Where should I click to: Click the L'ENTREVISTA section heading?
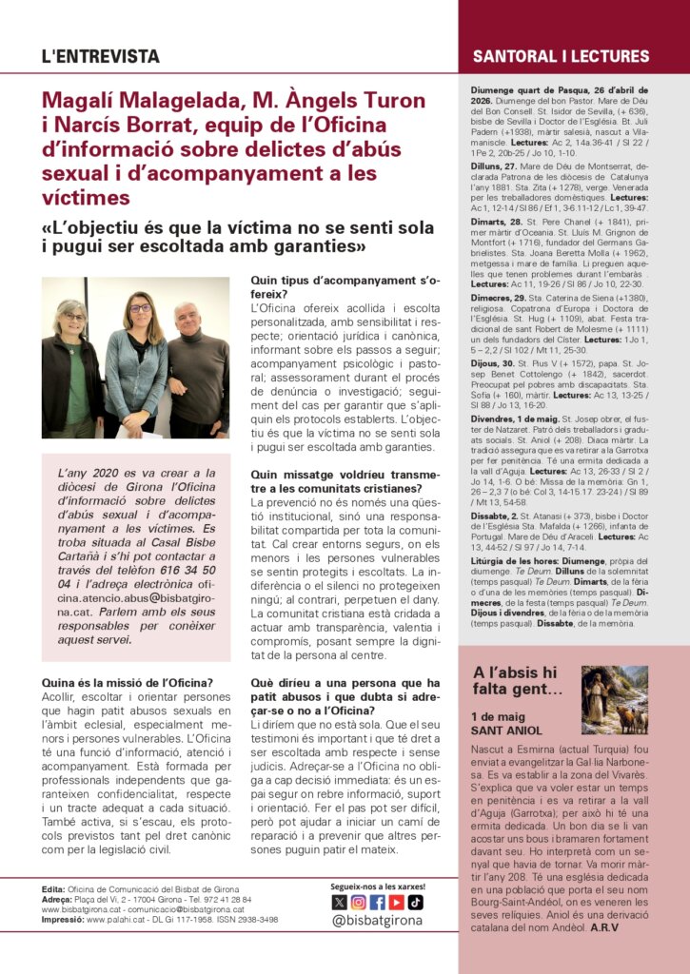click(x=100, y=57)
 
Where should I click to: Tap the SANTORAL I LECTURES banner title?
click(x=561, y=57)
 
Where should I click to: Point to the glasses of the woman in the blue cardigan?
click(x=140, y=308)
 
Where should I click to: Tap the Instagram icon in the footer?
click(x=358, y=903)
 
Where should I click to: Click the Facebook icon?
click(x=377, y=903)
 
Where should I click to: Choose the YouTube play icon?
click(x=396, y=903)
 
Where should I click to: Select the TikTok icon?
click(x=415, y=903)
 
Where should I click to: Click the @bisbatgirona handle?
click(x=377, y=922)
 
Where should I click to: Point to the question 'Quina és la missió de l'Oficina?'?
click(x=128, y=681)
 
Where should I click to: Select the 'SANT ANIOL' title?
click(x=506, y=730)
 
